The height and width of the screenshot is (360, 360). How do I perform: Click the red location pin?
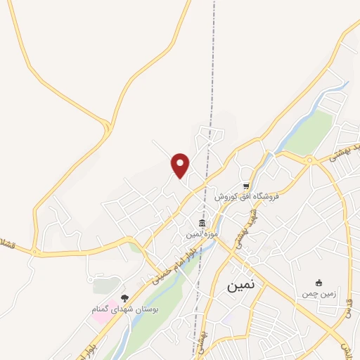click(181, 165)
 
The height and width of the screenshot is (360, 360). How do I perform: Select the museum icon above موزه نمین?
click(202, 224)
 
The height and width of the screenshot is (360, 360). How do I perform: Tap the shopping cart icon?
click(246, 186)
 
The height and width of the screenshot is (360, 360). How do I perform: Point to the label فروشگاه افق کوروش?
click(246, 196)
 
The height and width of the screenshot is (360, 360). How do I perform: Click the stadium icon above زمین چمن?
click(319, 283)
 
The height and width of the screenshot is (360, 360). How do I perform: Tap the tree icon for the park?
click(125, 299)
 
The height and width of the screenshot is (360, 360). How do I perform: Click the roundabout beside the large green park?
click(309, 161)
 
